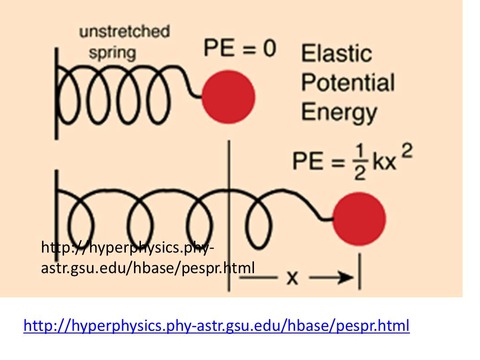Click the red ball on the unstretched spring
pyautogui.click(x=229, y=97)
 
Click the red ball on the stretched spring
pyautogui.click(x=359, y=219)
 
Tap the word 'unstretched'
pyautogui.click(x=125, y=32)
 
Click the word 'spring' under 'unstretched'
pyautogui.click(x=113, y=53)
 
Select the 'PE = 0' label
pyautogui.click(x=240, y=48)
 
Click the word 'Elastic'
pyautogui.click(x=336, y=53)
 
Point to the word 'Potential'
pyautogui.click(x=348, y=82)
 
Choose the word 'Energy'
pyautogui.click(x=339, y=112)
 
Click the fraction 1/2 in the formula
pyautogui.click(x=360, y=162)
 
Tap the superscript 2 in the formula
pyautogui.click(x=407, y=152)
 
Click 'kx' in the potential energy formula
pyautogui.click(x=384, y=162)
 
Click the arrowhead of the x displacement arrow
pyautogui.click(x=346, y=277)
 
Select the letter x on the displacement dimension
pyautogui.click(x=292, y=278)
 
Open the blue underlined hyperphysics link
pyautogui.click(x=216, y=325)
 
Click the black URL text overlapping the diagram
pyautogui.click(x=148, y=258)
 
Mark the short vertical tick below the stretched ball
pyautogui.click(x=359, y=271)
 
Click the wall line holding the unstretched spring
pyautogui.click(x=56, y=93)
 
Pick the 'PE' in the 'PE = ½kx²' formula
pyautogui.click(x=304, y=161)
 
